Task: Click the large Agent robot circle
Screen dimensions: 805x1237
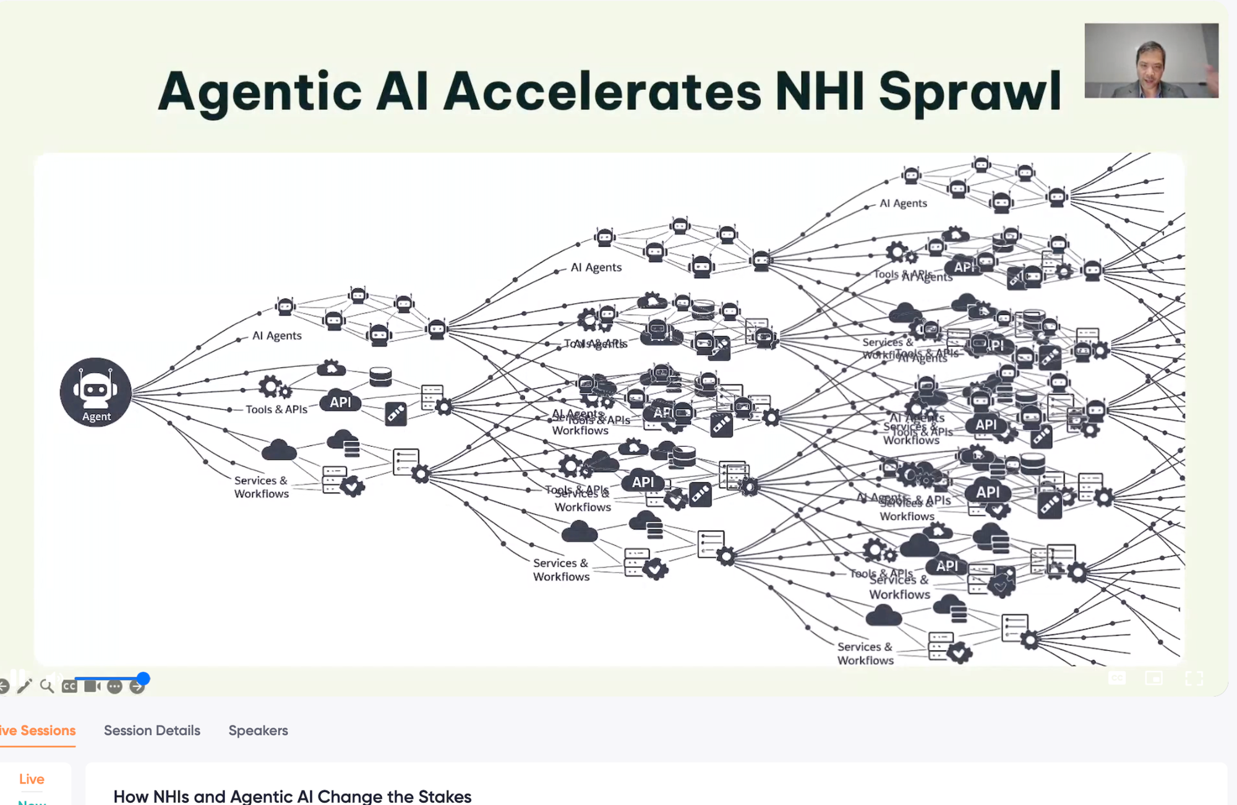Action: coord(96,392)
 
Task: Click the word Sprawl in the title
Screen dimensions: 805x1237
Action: coord(970,92)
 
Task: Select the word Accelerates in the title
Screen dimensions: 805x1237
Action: coord(602,91)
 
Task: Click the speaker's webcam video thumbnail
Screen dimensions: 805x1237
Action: coord(1151,61)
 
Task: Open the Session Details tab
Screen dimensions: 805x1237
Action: coord(152,730)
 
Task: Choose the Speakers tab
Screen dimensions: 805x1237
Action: coord(258,730)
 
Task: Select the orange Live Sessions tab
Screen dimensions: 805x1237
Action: coord(38,730)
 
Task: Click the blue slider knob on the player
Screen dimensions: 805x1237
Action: coord(143,679)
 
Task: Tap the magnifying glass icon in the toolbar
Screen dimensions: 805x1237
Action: coord(46,686)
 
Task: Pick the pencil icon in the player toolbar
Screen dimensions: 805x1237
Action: coord(24,686)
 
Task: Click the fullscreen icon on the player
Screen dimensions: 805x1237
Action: coord(1194,679)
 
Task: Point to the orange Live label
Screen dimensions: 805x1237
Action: coord(32,779)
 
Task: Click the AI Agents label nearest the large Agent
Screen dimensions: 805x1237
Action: coord(276,335)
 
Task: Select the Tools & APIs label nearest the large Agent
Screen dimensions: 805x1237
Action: coord(276,409)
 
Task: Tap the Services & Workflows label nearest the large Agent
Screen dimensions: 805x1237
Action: coord(261,487)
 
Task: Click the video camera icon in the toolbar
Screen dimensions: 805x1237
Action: coord(92,686)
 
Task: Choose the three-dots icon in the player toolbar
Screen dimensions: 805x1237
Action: coord(114,686)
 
